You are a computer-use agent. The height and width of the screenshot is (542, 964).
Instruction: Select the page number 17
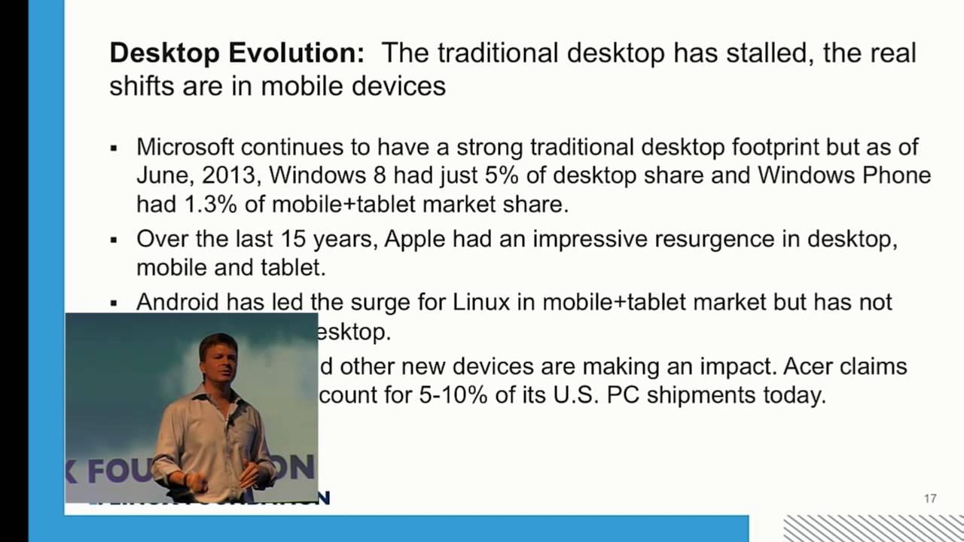coord(930,498)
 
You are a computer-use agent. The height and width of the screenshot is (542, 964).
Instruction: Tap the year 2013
coord(232,175)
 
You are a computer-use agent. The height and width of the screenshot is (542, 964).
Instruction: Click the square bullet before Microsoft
coord(114,148)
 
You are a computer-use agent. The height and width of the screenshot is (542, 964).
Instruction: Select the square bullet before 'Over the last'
coord(114,241)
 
